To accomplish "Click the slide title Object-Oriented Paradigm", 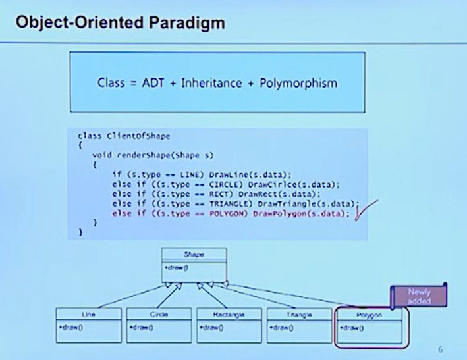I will tap(119, 24).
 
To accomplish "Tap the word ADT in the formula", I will tap(159, 83).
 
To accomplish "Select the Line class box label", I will tap(88, 315).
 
